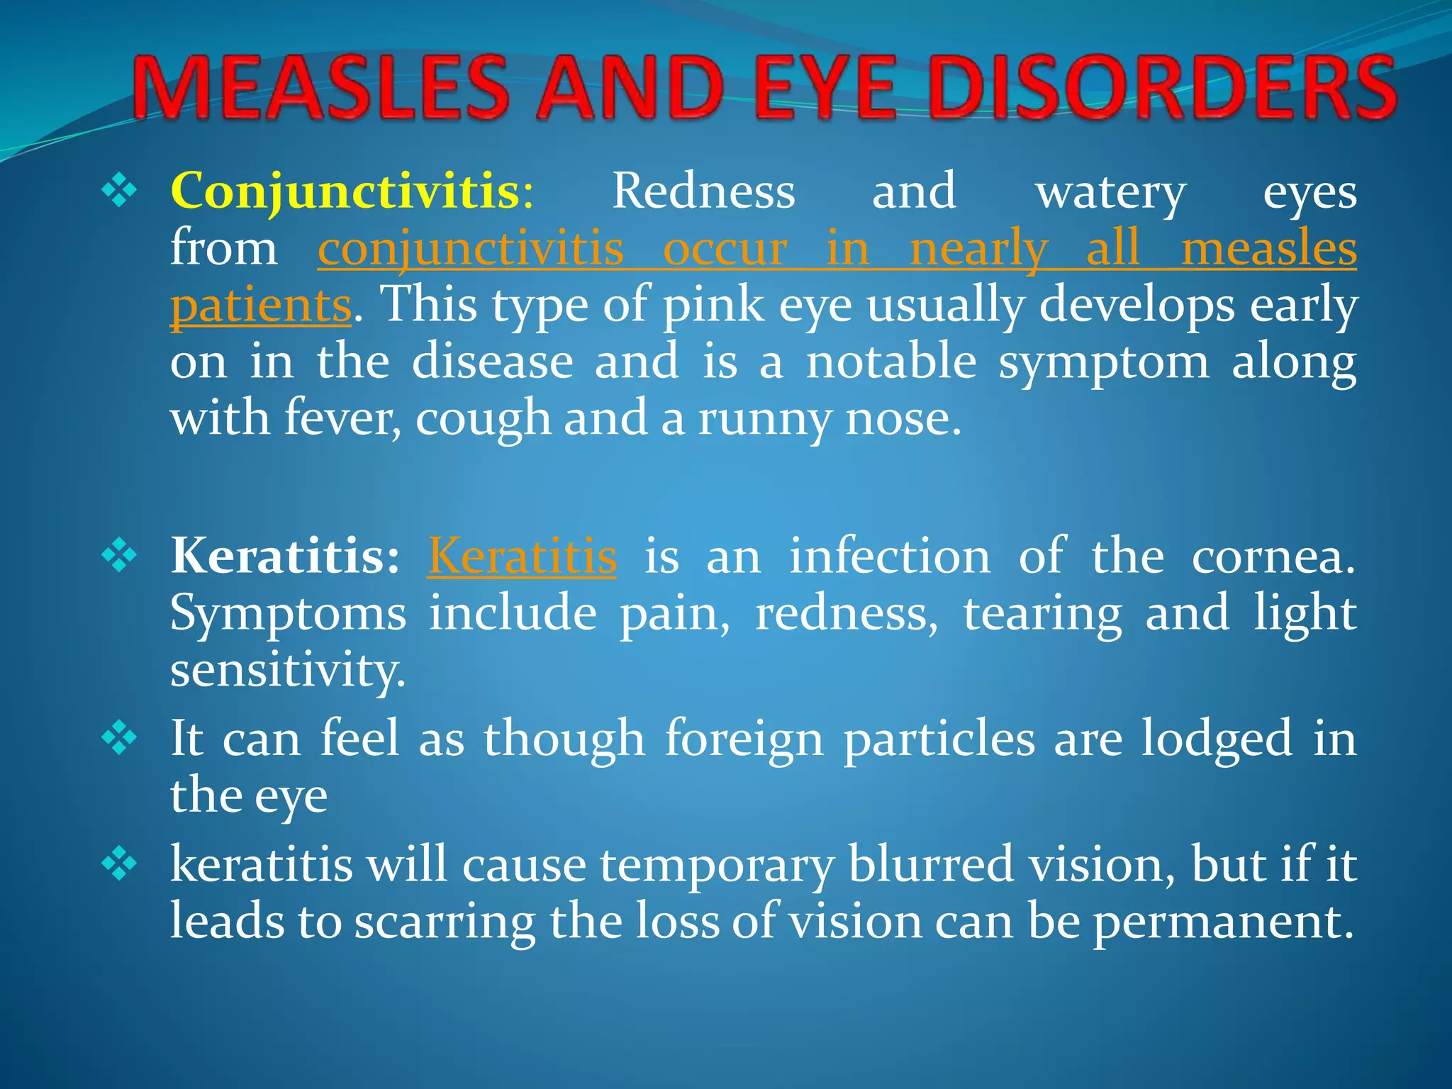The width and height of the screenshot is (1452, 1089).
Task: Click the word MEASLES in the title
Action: click(320, 88)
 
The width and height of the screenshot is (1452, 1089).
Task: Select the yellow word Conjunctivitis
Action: click(346, 191)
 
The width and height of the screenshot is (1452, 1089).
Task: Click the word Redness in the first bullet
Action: click(703, 191)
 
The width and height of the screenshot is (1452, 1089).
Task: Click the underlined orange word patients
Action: click(261, 306)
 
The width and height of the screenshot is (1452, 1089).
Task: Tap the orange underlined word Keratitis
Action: click(522, 556)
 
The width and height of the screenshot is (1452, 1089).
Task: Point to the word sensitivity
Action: click(287, 671)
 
